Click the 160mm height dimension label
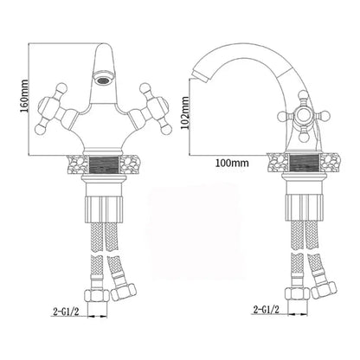pos(24,96)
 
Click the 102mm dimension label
pos(185,113)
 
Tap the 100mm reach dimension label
pos(232,164)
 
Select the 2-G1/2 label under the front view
pos(66,312)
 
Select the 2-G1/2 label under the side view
pos(266,310)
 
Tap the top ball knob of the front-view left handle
pos(61,87)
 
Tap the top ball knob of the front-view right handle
pos(145,87)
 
